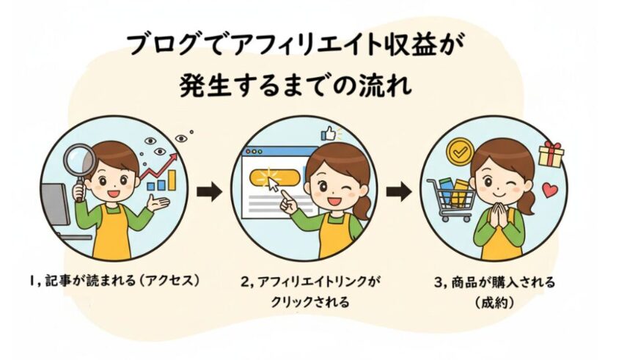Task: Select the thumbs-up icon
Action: (x=329, y=134)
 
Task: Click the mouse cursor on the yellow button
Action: (x=273, y=184)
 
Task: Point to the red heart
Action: (x=550, y=190)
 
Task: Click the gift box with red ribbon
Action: (x=551, y=155)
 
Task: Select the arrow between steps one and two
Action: (x=209, y=192)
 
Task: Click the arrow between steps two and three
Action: (x=398, y=192)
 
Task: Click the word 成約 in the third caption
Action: (x=494, y=303)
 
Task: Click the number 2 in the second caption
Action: (x=245, y=282)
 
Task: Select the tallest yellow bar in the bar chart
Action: (x=172, y=180)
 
